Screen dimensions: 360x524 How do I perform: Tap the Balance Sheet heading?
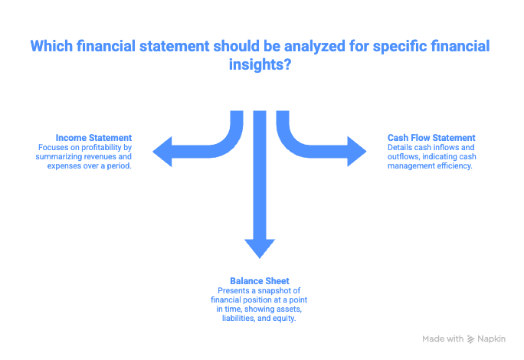(260, 280)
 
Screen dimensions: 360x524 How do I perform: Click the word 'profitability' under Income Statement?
(97, 146)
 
